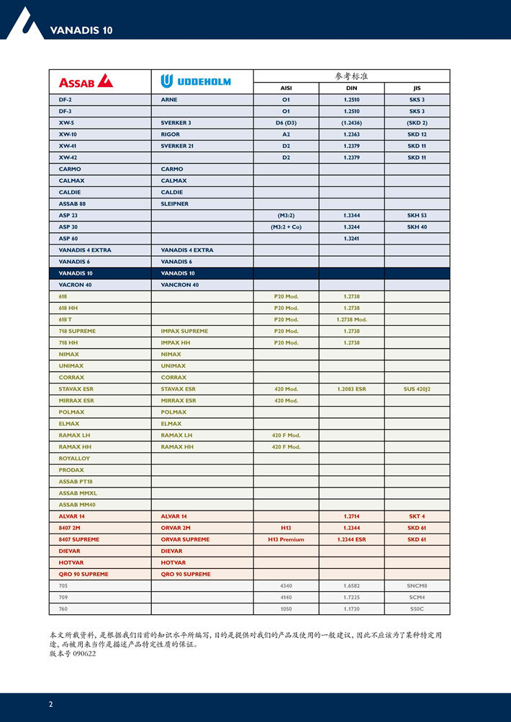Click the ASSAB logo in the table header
click(86, 81)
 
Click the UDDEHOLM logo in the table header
click(196, 81)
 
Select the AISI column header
click(286, 88)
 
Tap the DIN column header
click(351, 88)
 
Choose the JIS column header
click(417, 88)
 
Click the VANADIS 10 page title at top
click(81, 30)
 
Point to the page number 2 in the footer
click(50, 704)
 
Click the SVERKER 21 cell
click(176, 146)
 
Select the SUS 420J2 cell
click(417, 389)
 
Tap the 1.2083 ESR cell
click(351, 389)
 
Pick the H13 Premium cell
click(286, 539)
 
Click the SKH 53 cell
click(417, 215)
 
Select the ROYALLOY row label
click(74, 458)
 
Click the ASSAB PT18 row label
click(76, 481)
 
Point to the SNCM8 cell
click(417, 585)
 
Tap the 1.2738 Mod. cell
click(351, 319)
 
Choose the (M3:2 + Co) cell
click(286, 227)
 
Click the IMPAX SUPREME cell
click(184, 331)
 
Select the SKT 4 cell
click(417, 516)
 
